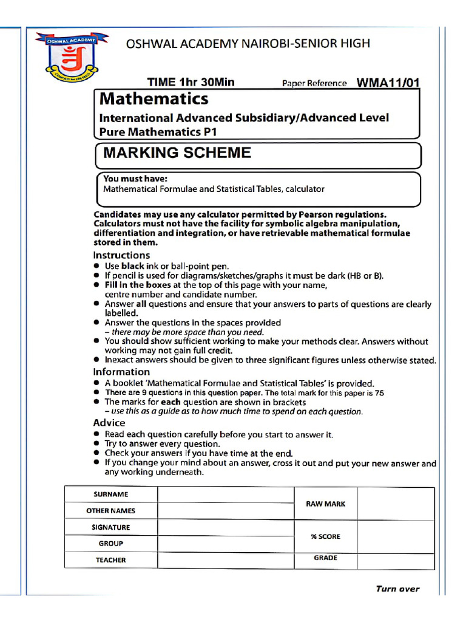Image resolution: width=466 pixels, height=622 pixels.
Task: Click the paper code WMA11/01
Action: coord(388,83)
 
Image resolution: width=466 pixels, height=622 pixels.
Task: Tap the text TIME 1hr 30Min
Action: coord(191,83)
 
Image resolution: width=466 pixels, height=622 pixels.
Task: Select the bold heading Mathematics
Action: coord(154,98)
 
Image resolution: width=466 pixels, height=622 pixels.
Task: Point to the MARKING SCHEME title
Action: coord(177,152)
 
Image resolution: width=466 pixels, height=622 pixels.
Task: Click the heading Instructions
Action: coord(121,255)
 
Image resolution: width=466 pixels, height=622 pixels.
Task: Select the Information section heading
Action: coord(121,372)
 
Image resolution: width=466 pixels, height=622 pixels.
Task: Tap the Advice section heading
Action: coord(109,423)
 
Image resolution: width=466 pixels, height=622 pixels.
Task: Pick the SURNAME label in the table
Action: coord(110,494)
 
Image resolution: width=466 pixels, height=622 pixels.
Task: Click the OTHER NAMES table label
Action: coord(110,511)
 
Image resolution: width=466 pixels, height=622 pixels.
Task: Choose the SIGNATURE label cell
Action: coord(110,527)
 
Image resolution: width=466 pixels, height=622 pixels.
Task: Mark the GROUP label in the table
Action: coord(110,544)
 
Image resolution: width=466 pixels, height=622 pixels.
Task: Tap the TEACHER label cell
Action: coord(110,560)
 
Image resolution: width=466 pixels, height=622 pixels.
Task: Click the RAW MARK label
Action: coord(326,504)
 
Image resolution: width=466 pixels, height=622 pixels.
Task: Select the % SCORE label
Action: coord(326,536)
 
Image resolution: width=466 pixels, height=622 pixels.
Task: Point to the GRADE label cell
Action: coord(326,558)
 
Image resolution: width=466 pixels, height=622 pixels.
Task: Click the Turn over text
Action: coord(397,589)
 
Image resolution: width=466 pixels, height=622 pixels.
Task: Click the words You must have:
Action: coord(135,179)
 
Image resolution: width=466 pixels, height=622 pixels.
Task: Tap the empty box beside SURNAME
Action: coord(226,494)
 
